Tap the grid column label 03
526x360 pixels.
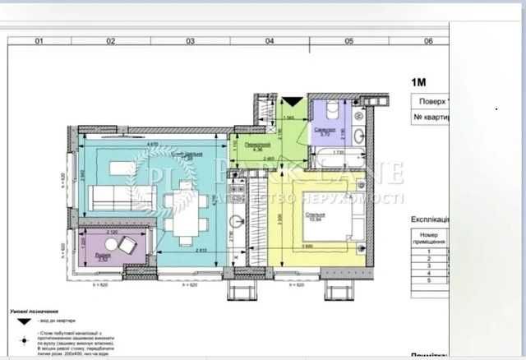(189, 39)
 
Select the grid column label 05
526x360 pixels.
(348, 39)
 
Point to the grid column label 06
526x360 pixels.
(427, 39)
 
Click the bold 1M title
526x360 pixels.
(421, 81)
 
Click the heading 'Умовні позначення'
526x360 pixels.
(33, 313)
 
